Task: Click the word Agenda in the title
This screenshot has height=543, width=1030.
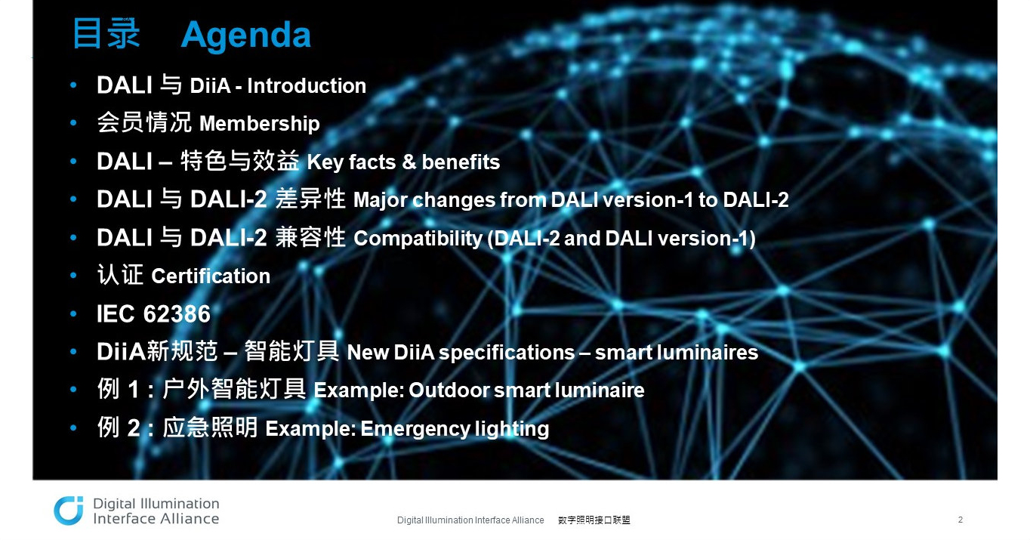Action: click(x=246, y=35)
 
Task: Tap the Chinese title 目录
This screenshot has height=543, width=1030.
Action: click(x=106, y=33)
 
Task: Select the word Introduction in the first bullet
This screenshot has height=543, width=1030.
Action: click(x=307, y=86)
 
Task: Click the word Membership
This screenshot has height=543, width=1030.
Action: click(x=259, y=124)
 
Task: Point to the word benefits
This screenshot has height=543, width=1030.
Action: click(x=461, y=162)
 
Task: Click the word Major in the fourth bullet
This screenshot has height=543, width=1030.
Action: click(x=380, y=200)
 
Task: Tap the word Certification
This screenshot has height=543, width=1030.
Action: click(x=211, y=276)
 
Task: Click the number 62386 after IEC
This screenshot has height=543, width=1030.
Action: click(x=177, y=314)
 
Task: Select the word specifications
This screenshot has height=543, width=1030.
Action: click(x=507, y=353)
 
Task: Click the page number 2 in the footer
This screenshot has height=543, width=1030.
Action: click(x=960, y=520)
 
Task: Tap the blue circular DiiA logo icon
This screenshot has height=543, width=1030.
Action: click(x=69, y=511)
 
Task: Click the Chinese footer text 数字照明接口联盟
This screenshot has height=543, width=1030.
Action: click(x=594, y=520)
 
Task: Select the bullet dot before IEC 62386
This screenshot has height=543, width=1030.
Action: click(x=73, y=314)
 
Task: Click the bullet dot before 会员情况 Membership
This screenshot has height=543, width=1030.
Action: click(x=73, y=123)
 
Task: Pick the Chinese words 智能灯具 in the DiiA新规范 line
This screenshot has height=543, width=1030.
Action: click(x=291, y=351)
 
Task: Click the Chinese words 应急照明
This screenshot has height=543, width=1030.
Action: click(x=210, y=427)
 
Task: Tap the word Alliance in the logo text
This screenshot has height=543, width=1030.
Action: click(x=188, y=519)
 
